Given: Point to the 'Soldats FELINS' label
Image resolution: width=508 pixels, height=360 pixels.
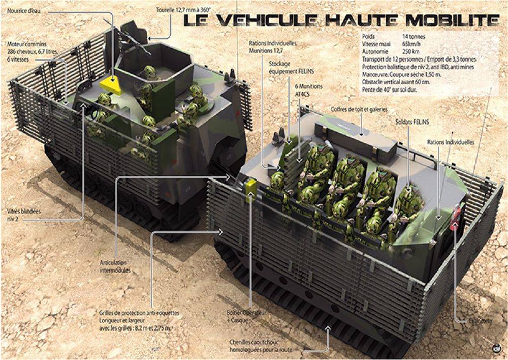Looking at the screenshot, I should point(411,122).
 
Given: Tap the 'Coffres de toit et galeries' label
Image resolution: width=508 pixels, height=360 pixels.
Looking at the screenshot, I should point(359,109).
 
